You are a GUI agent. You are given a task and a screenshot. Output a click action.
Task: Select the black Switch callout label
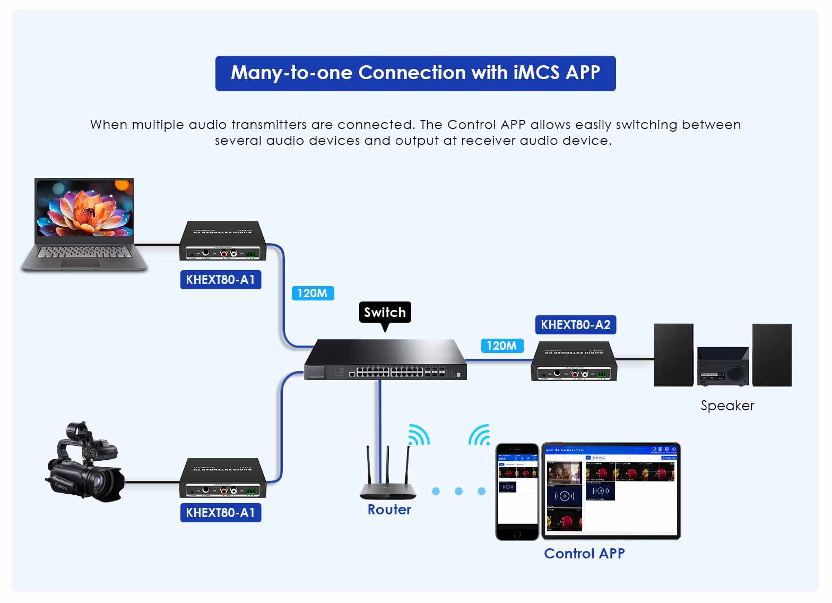[385, 312]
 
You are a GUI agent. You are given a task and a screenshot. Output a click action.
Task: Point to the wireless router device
[388, 478]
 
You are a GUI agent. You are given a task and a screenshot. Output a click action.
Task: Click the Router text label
[389, 510]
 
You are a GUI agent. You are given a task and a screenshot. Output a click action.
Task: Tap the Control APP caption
[584, 554]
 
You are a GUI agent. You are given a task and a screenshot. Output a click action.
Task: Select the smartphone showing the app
[517, 491]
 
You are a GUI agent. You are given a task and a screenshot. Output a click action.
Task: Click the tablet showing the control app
[611, 490]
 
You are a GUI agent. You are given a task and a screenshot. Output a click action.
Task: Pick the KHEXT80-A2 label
[576, 325]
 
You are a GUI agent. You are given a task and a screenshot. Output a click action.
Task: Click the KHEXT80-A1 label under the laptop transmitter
[220, 280]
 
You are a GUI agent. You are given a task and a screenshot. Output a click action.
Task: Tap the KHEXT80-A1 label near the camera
[220, 513]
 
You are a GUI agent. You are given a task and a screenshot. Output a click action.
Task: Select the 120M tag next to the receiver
[502, 346]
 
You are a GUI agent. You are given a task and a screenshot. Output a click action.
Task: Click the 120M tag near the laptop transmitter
[313, 293]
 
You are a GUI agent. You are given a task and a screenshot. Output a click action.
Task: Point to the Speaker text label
[727, 406]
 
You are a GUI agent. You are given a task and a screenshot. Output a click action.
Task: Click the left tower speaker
[673, 355]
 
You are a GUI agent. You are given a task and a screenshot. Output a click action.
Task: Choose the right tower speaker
[772, 355]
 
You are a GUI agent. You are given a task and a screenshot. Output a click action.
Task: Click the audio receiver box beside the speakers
[574, 362]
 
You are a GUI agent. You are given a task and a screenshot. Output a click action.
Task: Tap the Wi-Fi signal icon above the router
[419, 435]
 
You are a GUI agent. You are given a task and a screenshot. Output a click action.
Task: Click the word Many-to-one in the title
[291, 73]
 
